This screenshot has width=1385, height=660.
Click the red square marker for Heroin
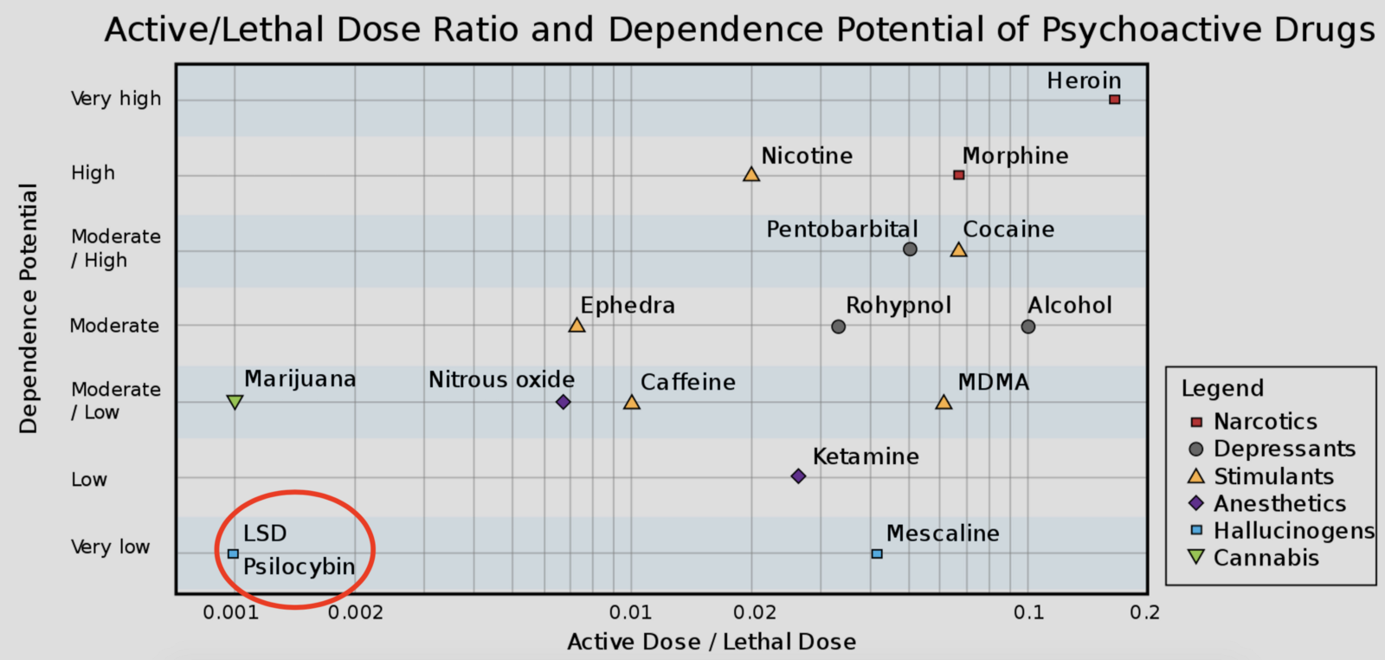pyautogui.click(x=1114, y=100)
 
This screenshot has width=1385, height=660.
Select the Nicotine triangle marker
pyautogui.click(x=751, y=175)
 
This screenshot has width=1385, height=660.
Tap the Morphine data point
pyautogui.click(x=958, y=175)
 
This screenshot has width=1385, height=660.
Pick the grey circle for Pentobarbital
pyautogui.click(x=910, y=249)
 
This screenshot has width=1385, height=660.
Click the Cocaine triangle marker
pyautogui.click(x=958, y=250)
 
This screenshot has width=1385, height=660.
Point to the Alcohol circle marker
pyautogui.click(x=1027, y=327)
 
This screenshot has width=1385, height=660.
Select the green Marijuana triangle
pyautogui.click(x=235, y=402)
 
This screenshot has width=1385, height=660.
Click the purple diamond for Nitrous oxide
pyautogui.click(x=563, y=402)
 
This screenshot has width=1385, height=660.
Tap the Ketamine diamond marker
pyautogui.click(x=798, y=476)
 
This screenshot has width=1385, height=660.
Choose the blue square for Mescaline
pyautogui.click(x=877, y=553)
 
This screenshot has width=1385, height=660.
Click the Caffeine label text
pyautogui.click(x=687, y=382)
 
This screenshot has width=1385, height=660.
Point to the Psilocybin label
pyautogui.click(x=299, y=566)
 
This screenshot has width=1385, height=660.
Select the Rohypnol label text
pyautogui.click(x=898, y=306)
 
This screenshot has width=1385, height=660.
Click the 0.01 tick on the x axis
pyautogui.click(x=630, y=612)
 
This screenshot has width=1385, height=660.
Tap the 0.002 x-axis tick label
pyautogui.click(x=355, y=612)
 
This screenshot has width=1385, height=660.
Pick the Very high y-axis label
pyautogui.click(x=116, y=99)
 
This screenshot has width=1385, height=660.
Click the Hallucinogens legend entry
pyautogui.click(x=1293, y=530)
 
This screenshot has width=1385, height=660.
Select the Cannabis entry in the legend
pyautogui.click(x=1266, y=558)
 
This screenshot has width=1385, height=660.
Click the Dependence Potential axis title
pyautogui.click(x=29, y=308)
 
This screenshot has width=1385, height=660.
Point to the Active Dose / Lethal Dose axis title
pyautogui.click(x=712, y=642)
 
